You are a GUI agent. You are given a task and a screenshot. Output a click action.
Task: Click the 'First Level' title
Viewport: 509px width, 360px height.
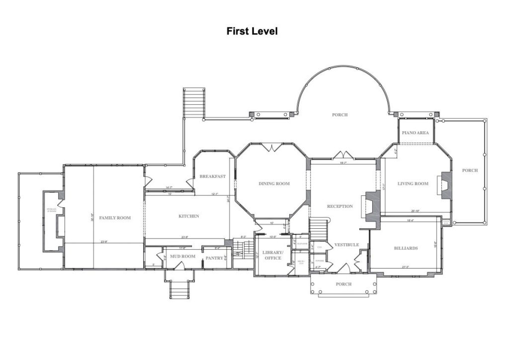[252, 31]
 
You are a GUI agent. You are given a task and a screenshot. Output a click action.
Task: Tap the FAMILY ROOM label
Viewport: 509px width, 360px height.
[114, 218]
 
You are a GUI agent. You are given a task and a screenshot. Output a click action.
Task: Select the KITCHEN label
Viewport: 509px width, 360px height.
[189, 216]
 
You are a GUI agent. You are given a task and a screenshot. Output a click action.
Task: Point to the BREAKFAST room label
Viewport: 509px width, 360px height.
[213, 177]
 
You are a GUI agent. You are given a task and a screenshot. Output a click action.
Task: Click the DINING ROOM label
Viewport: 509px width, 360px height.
[274, 183]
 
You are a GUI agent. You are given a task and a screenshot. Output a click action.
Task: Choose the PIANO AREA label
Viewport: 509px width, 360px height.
[416, 133]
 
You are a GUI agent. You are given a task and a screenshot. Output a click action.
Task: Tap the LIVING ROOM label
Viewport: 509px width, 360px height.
[413, 183]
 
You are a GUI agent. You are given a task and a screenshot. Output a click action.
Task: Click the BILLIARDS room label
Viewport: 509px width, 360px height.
[406, 248]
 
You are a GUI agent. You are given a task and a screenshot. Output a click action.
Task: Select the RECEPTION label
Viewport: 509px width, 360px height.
[340, 206]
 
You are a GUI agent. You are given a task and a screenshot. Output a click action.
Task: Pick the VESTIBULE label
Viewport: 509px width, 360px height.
[346, 245]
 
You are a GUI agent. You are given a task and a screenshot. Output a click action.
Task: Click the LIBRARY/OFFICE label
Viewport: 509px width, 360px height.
[272, 255]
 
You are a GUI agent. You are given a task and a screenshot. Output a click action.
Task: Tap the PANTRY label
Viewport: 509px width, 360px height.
[214, 258]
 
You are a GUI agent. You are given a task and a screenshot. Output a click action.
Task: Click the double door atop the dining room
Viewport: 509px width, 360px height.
[274, 147]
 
